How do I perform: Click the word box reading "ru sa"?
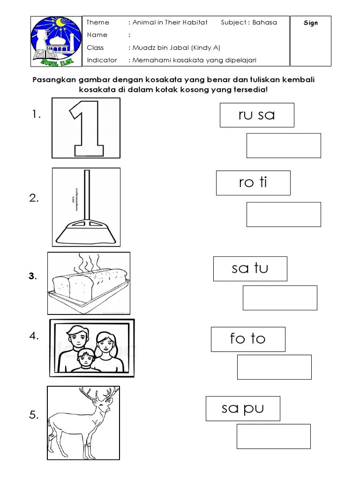(x=257, y=115)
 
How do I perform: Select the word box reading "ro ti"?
(x=253, y=183)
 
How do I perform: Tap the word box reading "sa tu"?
(x=250, y=269)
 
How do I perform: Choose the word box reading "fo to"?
(x=248, y=339)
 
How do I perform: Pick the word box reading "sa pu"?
(x=243, y=408)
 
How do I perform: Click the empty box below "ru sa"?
(x=284, y=145)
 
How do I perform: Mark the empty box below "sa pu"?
(x=273, y=436)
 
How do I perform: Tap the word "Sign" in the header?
(x=311, y=23)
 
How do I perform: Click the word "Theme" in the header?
(x=98, y=22)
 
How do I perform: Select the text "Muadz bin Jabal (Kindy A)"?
(x=176, y=47)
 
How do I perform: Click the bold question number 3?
(x=32, y=277)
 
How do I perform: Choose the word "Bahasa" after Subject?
(x=265, y=22)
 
